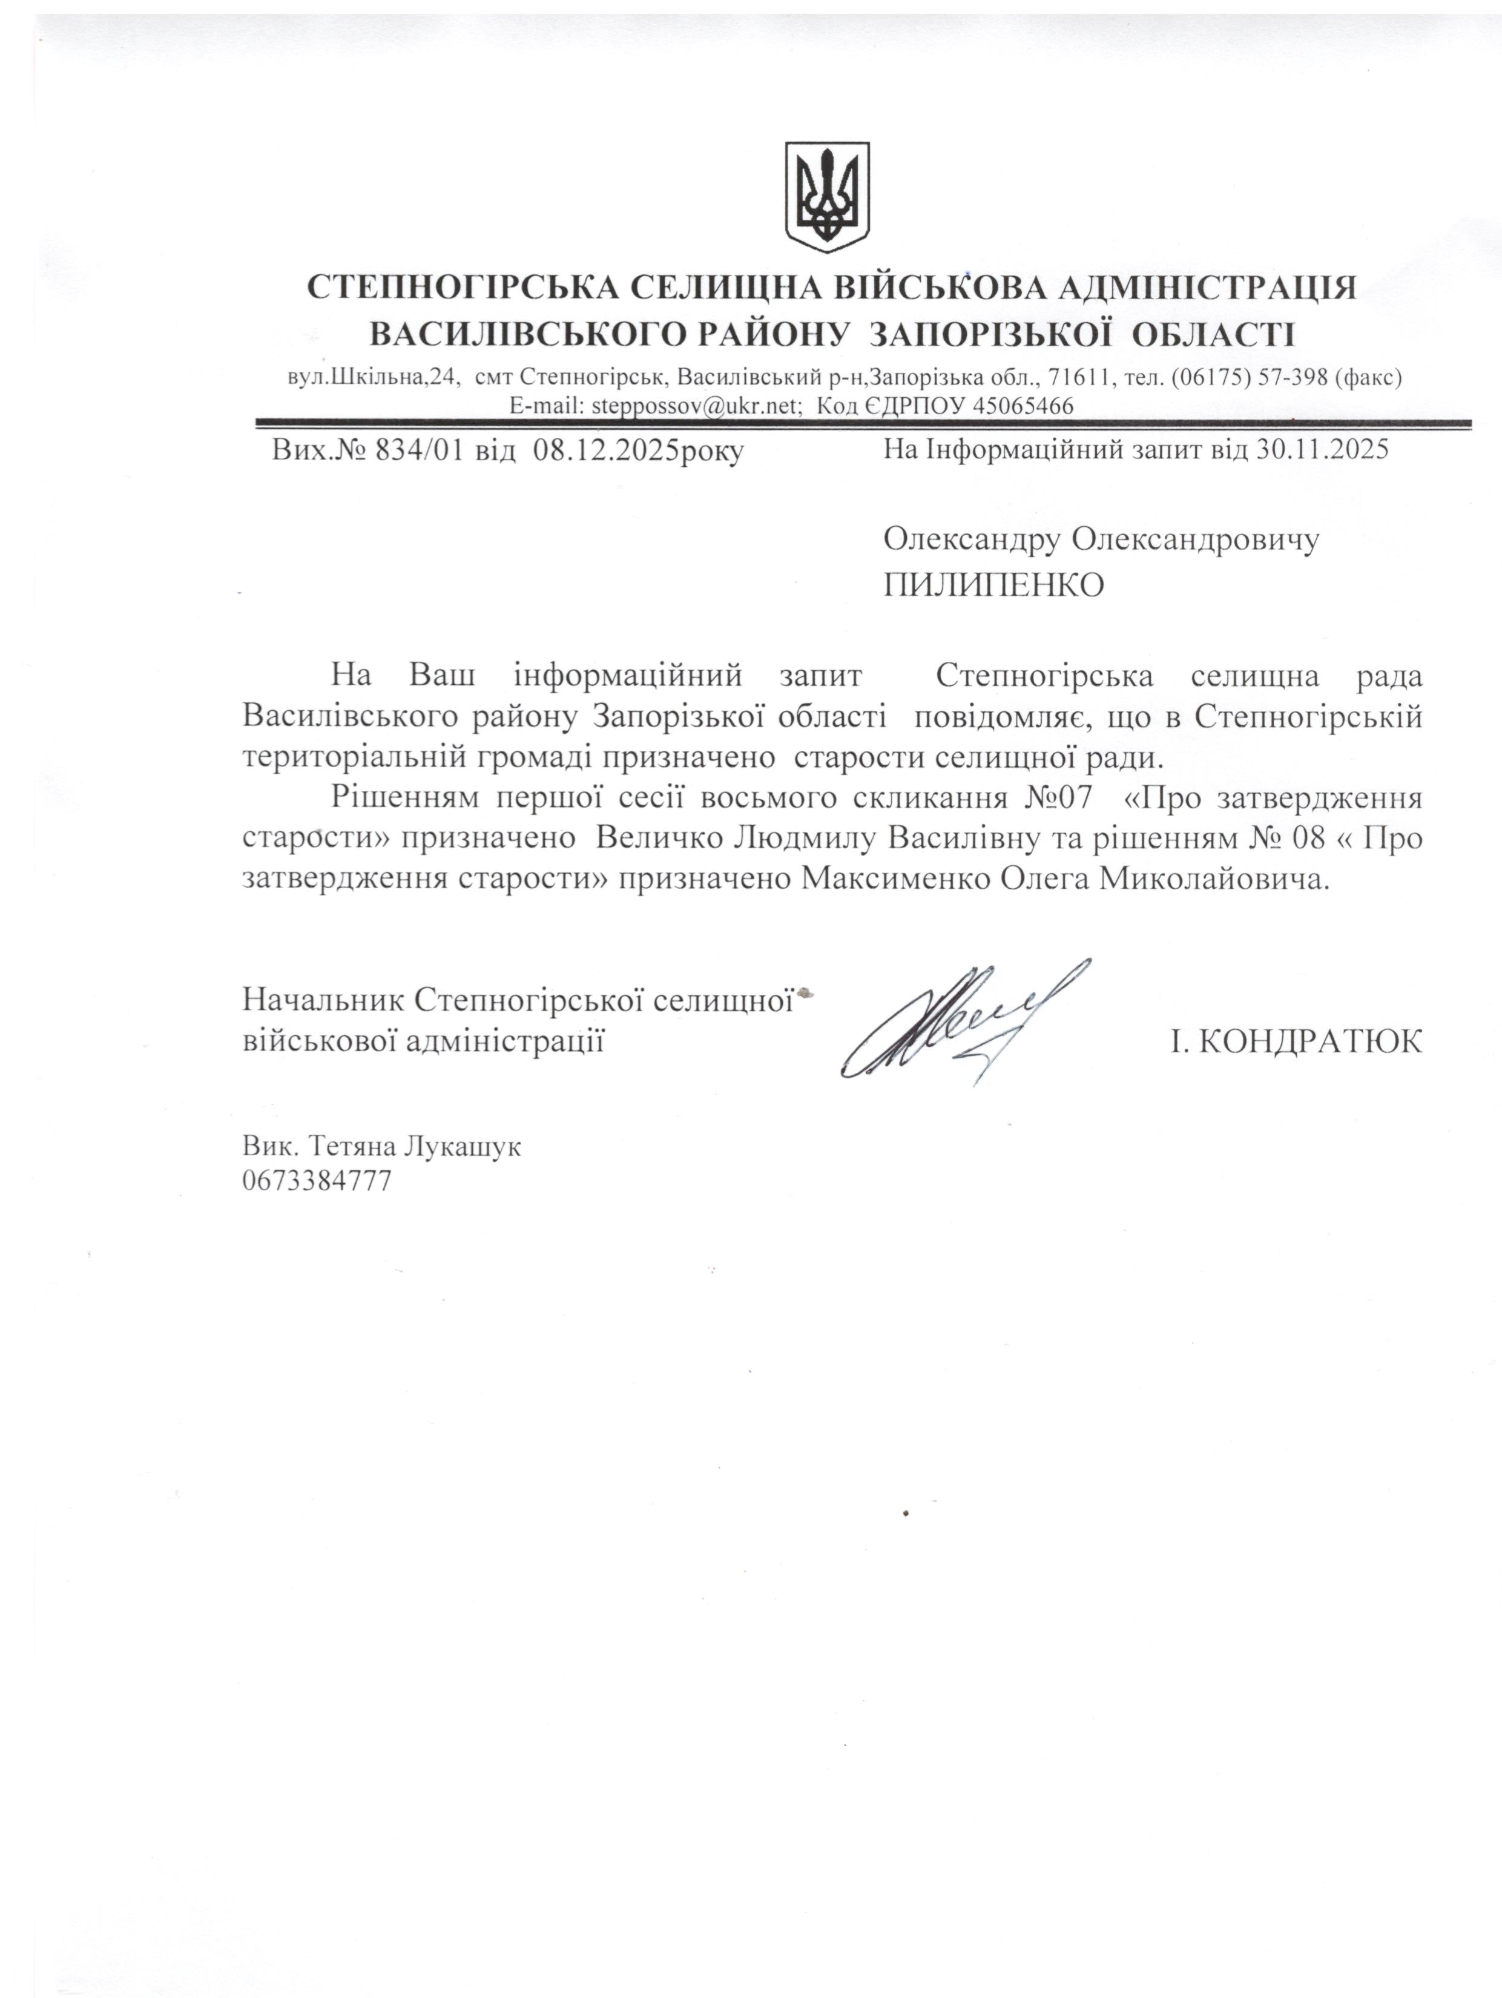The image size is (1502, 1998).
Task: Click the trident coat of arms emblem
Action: point(826,196)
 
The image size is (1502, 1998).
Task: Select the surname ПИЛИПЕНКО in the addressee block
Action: point(993,585)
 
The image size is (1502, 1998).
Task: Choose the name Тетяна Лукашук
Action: point(415,1147)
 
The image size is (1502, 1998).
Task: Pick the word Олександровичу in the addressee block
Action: point(1194,539)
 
